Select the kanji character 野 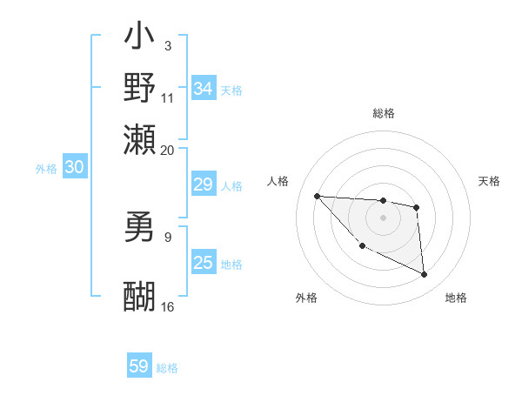(139, 87)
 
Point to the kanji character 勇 (139, 227)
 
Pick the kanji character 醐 (139, 295)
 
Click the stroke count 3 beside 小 (167, 45)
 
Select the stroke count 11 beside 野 (168, 97)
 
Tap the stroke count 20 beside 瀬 (168, 150)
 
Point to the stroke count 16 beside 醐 (168, 306)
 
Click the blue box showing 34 (203, 89)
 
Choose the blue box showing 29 (203, 184)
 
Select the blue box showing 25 (203, 263)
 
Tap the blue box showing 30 (74, 168)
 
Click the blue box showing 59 (139, 366)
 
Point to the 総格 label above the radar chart (384, 113)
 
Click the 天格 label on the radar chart (490, 181)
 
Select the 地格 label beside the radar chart (456, 298)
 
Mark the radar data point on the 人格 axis (317, 196)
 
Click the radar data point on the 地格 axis (425, 275)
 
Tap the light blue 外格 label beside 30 (46, 169)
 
